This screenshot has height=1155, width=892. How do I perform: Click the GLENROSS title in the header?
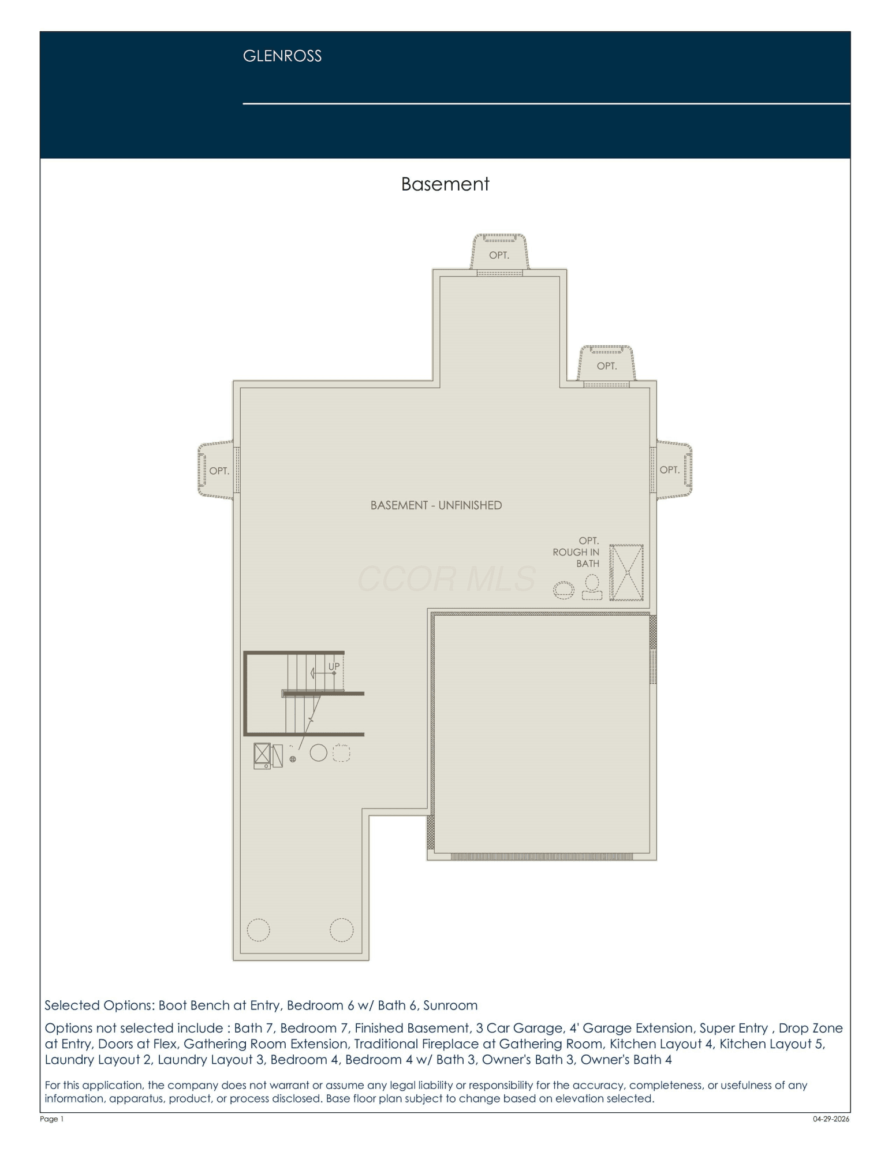pyautogui.click(x=282, y=56)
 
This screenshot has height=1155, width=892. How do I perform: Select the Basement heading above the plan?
pyautogui.click(x=445, y=184)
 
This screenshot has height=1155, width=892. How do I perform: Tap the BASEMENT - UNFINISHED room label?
pyautogui.click(x=436, y=505)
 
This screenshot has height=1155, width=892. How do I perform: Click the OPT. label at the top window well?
pyautogui.click(x=499, y=255)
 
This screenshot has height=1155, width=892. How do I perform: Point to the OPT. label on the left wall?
pyautogui.click(x=219, y=471)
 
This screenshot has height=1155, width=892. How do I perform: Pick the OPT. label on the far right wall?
pyautogui.click(x=669, y=470)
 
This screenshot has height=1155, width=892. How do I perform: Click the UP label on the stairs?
pyautogui.click(x=334, y=666)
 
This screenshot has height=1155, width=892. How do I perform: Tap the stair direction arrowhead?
pyautogui.click(x=313, y=673)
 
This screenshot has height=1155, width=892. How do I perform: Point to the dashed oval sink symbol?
pyautogui.click(x=564, y=590)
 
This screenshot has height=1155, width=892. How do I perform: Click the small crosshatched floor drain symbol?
pyautogui.click(x=293, y=759)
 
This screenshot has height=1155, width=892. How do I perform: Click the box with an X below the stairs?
pyautogui.click(x=262, y=754)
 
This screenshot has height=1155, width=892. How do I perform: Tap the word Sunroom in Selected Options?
pyautogui.click(x=450, y=1005)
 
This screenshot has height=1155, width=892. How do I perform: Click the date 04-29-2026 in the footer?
pyautogui.click(x=831, y=1119)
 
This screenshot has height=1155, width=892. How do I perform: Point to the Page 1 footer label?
pyautogui.click(x=51, y=1119)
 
